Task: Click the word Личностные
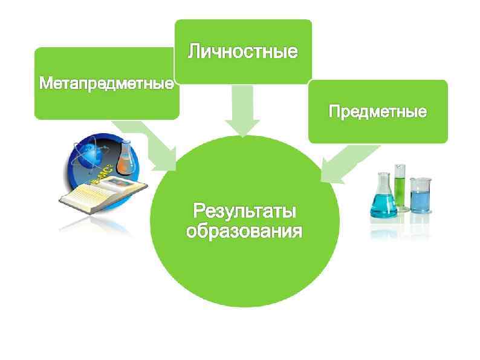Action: click(242, 51)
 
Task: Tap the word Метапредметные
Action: click(106, 83)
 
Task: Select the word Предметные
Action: click(377, 112)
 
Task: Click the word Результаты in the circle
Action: click(244, 212)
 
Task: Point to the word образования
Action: click(244, 232)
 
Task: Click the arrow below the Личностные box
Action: click(242, 112)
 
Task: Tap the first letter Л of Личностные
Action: click(194, 51)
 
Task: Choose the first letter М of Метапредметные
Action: click(44, 83)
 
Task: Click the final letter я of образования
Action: click(296, 232)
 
